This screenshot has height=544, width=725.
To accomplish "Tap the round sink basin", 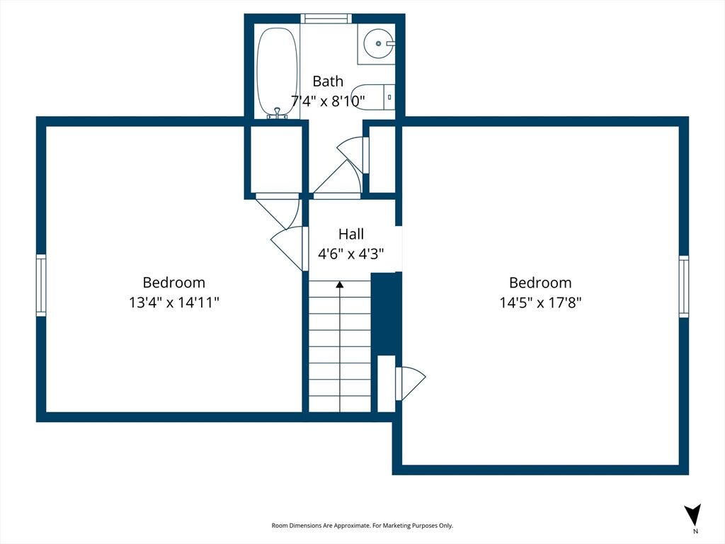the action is pos(377,43).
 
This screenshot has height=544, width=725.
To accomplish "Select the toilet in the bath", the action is pos(372,97).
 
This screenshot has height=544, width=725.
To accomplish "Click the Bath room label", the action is pos(328,81).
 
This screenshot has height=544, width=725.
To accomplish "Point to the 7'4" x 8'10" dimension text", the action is pos(328,101).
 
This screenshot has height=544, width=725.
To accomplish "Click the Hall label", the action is pos(351,234).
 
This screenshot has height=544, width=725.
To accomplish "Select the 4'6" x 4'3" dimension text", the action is pos(351,254).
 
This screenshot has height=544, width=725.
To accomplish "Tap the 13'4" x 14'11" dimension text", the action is pos(174,302).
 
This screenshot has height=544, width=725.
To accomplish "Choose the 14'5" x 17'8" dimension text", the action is pos(540,302).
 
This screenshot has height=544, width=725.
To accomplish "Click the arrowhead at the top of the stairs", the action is pos(340,285).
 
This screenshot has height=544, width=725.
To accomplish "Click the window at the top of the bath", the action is pos(326,18).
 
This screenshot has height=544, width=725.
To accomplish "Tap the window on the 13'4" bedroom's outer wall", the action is pos(41,285).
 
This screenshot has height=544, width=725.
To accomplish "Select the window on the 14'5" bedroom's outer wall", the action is pos(684,286).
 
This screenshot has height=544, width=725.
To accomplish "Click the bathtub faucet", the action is pos(278,113).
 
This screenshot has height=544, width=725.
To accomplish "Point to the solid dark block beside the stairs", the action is pos(387,314).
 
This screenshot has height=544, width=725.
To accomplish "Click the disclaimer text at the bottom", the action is pos(362,526).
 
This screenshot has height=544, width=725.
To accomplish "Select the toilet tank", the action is pos(389,97).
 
